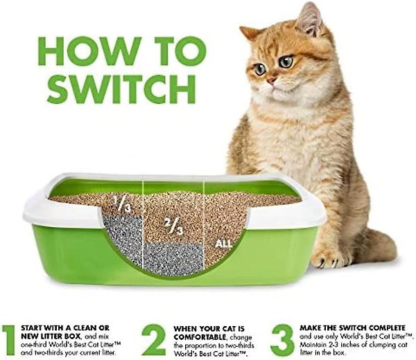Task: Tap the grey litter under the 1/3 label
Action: click(x=123, y=240)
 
